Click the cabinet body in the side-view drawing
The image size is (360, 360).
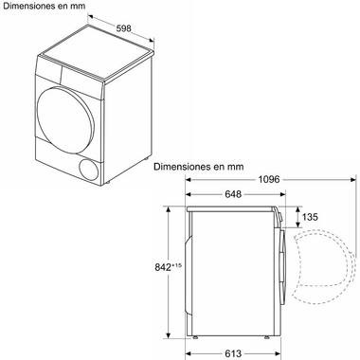(x=237, y=270)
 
